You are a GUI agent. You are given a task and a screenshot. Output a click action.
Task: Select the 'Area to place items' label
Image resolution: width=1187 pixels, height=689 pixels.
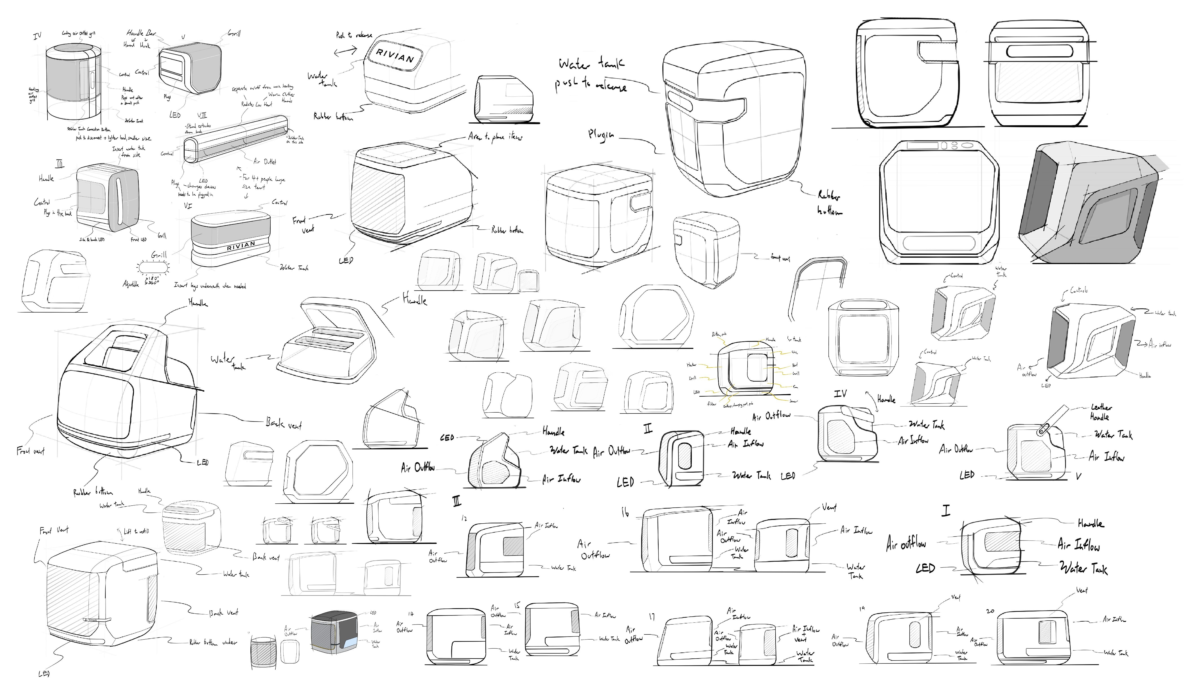(x=494, y=137)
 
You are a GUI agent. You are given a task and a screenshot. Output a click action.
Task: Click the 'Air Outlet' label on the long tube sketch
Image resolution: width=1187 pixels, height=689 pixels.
(x=265, y=162)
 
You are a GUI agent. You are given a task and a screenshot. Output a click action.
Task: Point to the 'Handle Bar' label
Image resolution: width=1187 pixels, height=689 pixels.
(x=141, y=33)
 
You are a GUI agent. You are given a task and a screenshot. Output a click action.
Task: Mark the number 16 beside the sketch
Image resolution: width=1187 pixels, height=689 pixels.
(x=625, y=513)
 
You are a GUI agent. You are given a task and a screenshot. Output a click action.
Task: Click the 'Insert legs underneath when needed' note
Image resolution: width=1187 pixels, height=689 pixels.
(x=210, y=286)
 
